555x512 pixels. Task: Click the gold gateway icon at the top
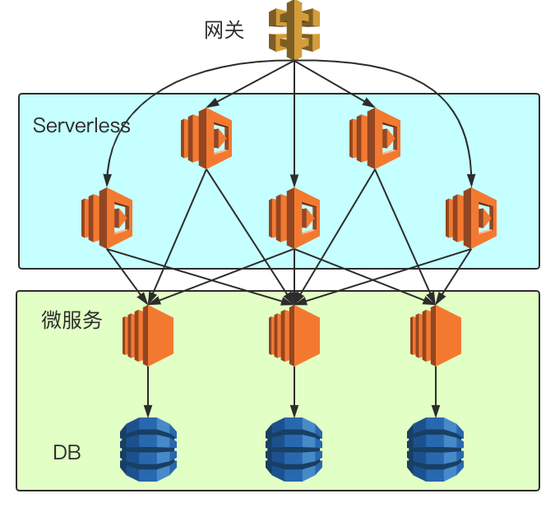(294, 30)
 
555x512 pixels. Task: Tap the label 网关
(224, 31)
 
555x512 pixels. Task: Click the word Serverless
(81, 126)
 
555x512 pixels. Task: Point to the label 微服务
(72, 321)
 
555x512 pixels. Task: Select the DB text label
(67, 452)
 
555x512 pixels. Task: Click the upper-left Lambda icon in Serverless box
(206, 138)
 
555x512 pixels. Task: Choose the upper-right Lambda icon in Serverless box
(375, 138)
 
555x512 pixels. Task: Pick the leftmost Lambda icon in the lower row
(106, 218)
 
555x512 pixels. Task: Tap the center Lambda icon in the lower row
(294, 218)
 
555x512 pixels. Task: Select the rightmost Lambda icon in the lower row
(471, 218)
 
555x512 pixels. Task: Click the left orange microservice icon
(148, 334)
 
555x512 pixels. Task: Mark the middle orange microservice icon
(294, 334)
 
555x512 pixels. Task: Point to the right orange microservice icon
(436, 334)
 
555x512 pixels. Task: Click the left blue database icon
(148, 448)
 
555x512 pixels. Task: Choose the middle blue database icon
(294, 448)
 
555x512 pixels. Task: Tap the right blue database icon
(436, 448)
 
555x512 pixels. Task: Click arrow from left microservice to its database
(148, 391)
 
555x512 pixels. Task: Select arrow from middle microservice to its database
(294, 391)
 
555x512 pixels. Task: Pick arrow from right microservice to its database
(436, 391)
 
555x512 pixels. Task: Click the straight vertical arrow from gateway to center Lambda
(294, 123)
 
